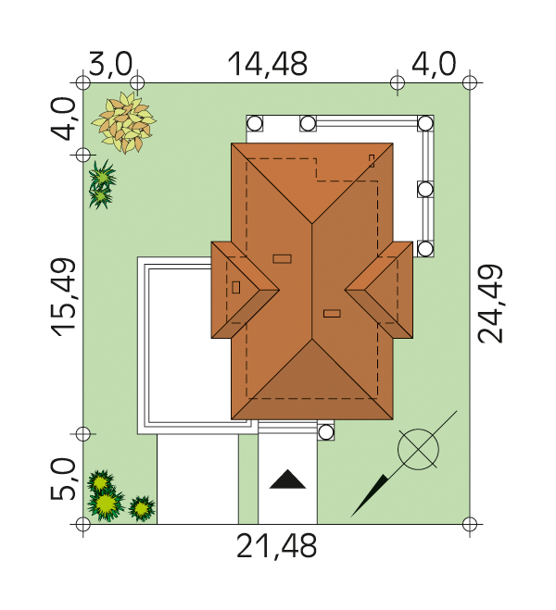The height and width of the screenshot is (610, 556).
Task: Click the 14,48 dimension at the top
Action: tap(267, 64)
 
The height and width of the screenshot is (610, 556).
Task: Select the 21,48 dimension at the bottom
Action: tap(276, 546)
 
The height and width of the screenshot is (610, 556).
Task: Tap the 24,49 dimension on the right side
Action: tap(490, 305)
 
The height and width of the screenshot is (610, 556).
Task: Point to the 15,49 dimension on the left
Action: tap(63, 297)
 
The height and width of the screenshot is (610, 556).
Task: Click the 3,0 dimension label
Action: tap(110, 64)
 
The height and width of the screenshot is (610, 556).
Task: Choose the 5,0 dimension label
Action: tap(62, 479)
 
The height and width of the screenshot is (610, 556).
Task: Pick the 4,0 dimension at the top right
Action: tap(434, 64)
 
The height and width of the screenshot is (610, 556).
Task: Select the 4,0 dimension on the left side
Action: tap(62, 118)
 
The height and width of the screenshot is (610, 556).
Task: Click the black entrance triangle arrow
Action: tap(288, 479)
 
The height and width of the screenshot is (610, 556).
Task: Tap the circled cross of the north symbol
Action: tap(418, 449)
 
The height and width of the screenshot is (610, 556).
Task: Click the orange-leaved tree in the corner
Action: tap(124, 122)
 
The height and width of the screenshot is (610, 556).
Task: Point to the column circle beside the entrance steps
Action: tap(326, 432)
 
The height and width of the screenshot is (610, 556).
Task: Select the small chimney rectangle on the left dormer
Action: tap(236, 288)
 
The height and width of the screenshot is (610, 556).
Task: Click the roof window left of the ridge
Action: tap(283, 258)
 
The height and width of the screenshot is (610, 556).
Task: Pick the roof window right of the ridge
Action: tap(332, 313)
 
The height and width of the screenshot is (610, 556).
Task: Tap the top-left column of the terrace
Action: tap(255, 124)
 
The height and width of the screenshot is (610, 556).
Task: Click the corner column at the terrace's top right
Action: tap(425, 124)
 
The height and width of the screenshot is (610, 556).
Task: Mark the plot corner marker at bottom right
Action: tap(470, 524)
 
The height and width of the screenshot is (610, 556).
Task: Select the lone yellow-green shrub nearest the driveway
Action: tap(142, 507)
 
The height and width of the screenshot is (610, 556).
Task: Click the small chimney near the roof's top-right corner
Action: tap(372, 161)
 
